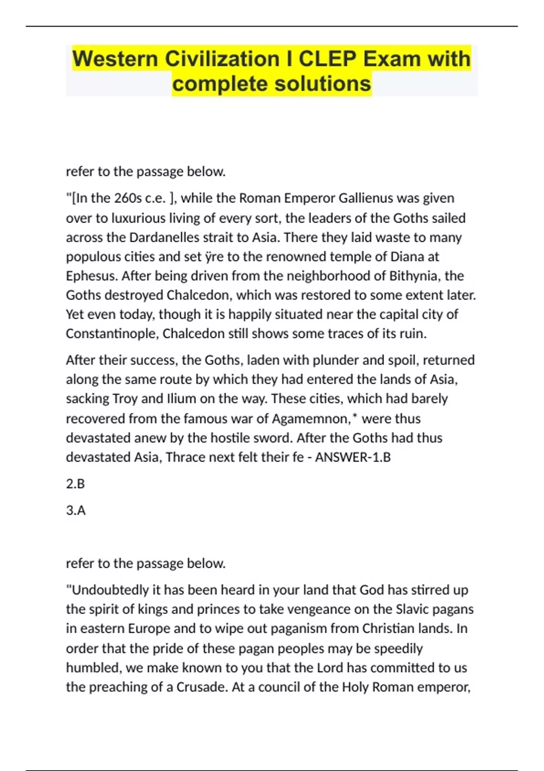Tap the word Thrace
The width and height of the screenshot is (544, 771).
(186, 457)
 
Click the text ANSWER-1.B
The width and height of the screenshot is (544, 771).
(353, 457)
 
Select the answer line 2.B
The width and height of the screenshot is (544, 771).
(75, 484)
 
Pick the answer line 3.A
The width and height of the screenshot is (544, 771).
(76, 511)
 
